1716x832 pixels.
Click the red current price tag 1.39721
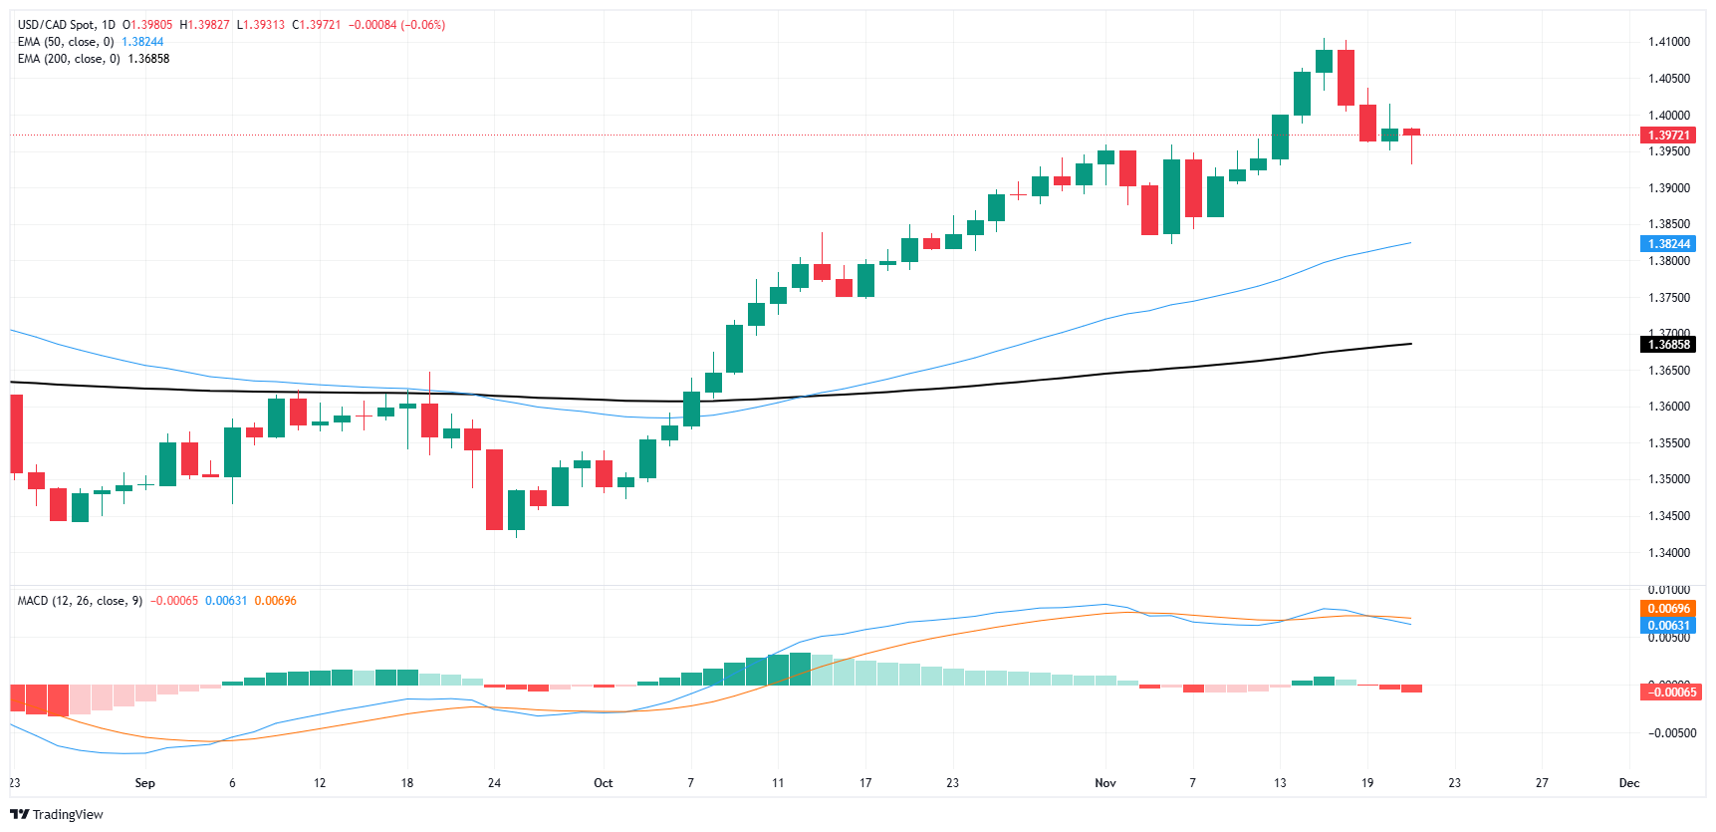1668,136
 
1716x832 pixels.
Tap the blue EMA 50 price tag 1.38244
1668,244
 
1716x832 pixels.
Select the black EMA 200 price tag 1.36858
1668,345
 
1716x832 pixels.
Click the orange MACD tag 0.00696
1668,609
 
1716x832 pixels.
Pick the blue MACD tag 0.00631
1668,626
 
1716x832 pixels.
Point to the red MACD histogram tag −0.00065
1670,693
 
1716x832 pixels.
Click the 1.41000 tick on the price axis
1668,42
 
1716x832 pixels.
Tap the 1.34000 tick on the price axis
1668,553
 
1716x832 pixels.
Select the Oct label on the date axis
603,783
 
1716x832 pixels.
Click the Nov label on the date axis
1104,783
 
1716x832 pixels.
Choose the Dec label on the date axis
1629,783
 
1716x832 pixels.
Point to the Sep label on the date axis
144,783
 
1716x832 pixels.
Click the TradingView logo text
57,815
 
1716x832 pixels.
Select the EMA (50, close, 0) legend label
66,42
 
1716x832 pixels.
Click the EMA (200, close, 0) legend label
69,59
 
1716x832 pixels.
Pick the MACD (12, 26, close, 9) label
80,601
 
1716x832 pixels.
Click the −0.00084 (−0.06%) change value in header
396,25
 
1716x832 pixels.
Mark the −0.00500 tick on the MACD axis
1671,733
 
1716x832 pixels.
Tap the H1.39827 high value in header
204,25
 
